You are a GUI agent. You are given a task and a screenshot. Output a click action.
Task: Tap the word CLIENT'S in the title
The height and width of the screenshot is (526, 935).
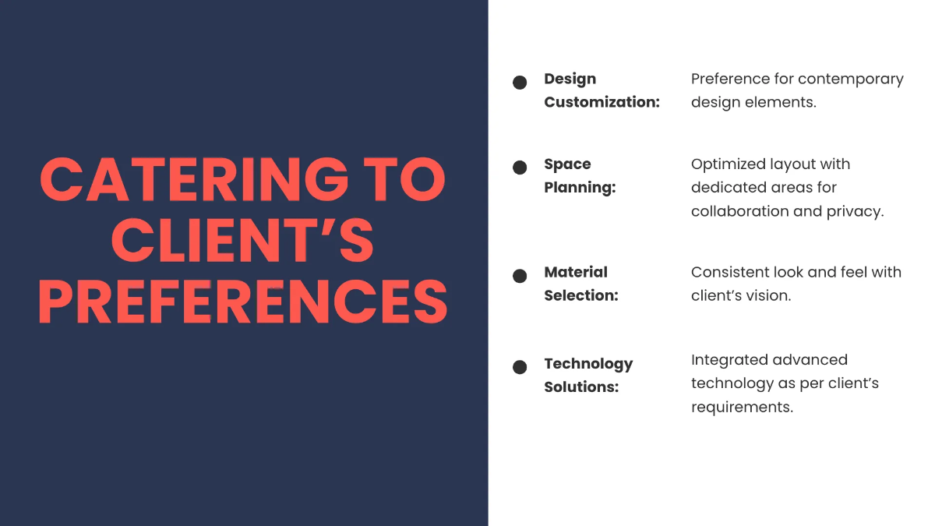242,241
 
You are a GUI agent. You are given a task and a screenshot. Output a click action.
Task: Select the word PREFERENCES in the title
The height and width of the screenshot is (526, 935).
243,302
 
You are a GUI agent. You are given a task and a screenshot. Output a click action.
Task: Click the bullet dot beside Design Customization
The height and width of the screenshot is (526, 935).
520,83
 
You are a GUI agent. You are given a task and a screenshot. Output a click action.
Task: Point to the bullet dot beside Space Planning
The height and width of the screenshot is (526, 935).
520,168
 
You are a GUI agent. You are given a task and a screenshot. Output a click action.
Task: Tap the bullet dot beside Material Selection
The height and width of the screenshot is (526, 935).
520,276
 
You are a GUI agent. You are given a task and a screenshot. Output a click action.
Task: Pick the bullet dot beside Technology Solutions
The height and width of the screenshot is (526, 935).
520,367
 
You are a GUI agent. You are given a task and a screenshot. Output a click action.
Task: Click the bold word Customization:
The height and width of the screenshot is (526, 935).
602,102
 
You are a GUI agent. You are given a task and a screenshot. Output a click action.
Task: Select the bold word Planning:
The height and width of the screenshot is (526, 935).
580,188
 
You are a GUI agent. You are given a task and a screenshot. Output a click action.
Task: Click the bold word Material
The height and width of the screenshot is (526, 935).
576,272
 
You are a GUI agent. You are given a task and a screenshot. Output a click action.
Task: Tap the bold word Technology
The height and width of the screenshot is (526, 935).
588,365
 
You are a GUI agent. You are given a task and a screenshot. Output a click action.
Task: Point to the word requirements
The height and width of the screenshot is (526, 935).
742,408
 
